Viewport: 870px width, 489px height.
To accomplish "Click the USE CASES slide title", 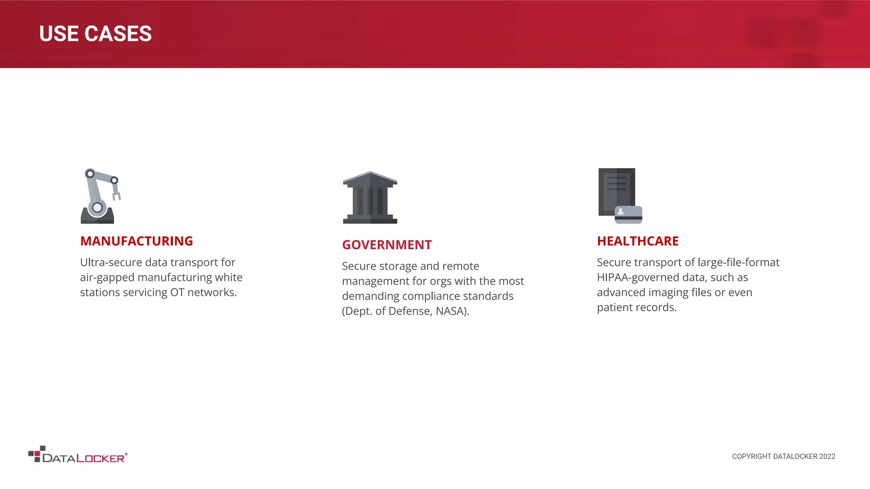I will click(x=95, y=34).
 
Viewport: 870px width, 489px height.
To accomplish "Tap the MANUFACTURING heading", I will click(x=136, y=241).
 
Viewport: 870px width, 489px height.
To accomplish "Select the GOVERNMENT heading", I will click(x=387, y=245).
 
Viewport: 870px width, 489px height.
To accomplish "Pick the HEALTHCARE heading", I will click(x=638, y=241).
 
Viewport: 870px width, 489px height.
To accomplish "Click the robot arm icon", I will click(x=100, y=196).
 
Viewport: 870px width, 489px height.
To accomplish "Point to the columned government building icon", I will click(x=370, y=197).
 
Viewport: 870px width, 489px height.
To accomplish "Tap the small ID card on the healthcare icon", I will click(x=628, y=215).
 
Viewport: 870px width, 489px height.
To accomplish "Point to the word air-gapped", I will click(x=107, y=278).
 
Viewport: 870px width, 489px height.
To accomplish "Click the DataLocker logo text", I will click(x=84, y=458).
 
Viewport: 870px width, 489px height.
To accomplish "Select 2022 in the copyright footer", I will click(x=827, y=457).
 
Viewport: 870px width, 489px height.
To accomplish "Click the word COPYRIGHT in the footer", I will click(x=751, y=457).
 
